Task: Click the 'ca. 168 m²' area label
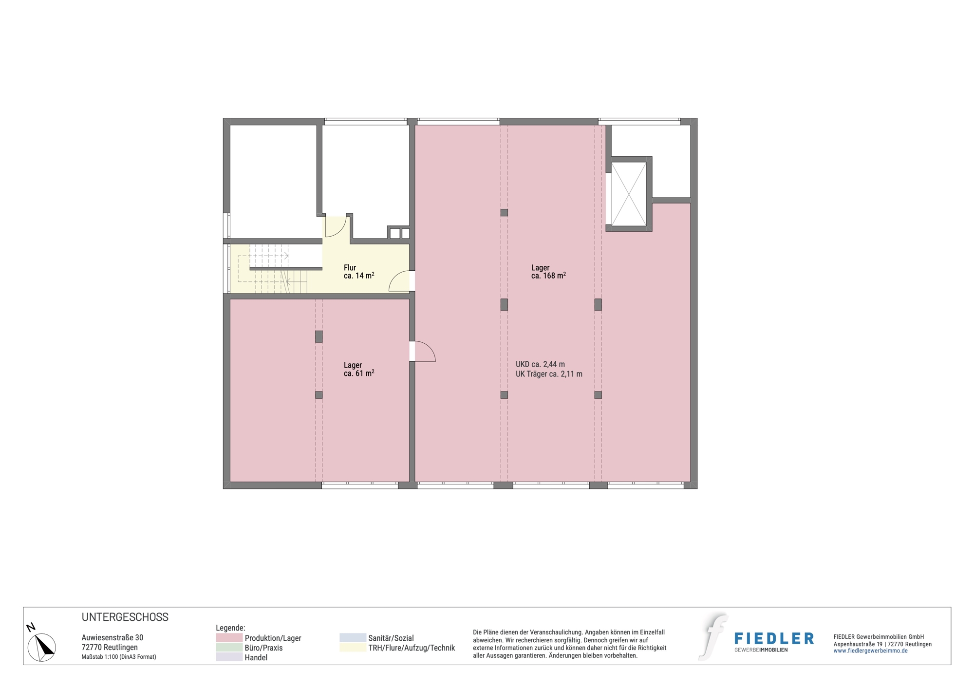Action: (548, 276)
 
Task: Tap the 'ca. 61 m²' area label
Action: (359, 373)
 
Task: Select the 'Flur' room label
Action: (350, 267)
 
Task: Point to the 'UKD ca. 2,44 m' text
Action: (540, 364)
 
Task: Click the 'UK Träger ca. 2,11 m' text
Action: (549, 374)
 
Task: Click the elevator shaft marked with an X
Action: (629, 194)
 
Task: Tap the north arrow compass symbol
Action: (41, 646)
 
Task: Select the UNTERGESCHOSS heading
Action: (125, 617)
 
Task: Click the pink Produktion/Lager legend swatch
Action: (229, 638)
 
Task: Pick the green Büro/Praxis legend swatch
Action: (229, 648)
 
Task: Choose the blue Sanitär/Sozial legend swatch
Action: (353, 638)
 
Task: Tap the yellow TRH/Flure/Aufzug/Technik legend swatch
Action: (353, 648)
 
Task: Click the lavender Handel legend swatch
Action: (229, 657)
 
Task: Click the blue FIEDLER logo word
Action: (774, 638)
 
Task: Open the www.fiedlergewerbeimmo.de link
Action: (870, 651)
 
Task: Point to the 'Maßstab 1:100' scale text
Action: (119, 657)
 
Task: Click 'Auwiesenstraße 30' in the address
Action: (112, 637)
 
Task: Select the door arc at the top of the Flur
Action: (336, 226)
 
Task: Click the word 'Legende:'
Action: (230, 628)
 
